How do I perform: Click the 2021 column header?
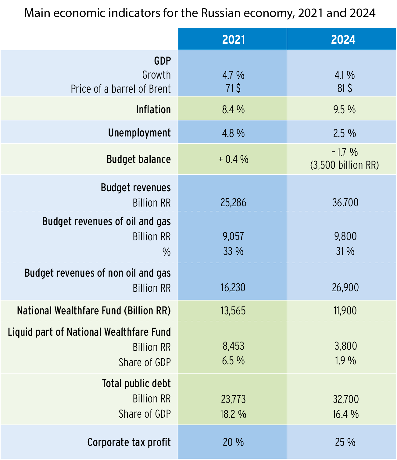[x=233, y=40]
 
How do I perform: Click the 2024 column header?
[x=343, y=40]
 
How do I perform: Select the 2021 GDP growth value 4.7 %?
[x=233, y=75]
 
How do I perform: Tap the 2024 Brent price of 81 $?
[x=345, y=88]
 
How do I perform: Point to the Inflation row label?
[x=153, y=109]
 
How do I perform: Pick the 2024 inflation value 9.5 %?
[x=345, y=109]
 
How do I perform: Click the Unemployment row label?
[x=139, y=133]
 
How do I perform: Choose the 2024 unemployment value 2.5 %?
[x=345, y=133]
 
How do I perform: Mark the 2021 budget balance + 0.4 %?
[x=233, y=159]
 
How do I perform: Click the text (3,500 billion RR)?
[x=345, y=165]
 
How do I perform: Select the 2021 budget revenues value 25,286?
[x=233, y=203]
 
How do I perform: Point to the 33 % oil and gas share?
[x=233, y=251]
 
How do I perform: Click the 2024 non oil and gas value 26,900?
[x=345, y=288]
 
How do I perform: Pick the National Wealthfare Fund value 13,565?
[x=233, y=311]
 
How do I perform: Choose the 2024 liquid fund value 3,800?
[x=345, y=346]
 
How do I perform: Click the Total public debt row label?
[x=136, y=384]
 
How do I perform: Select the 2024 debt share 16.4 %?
[x=345, y=414]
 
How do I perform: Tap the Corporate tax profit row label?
[x=129, y=442]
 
